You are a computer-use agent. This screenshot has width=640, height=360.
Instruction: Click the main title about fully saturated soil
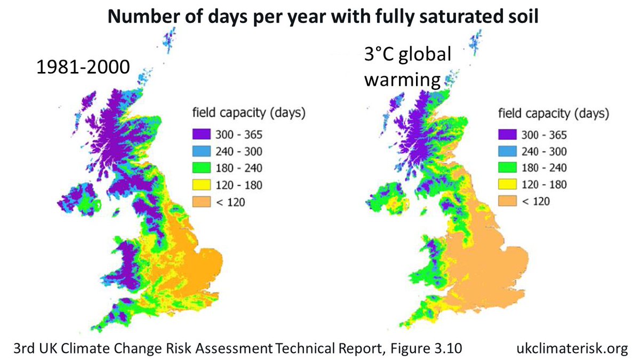323,17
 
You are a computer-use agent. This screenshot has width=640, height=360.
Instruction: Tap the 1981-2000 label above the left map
83,68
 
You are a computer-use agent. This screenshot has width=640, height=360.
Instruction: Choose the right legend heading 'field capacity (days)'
554,113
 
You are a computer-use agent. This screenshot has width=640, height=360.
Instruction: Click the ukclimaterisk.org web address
573,349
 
